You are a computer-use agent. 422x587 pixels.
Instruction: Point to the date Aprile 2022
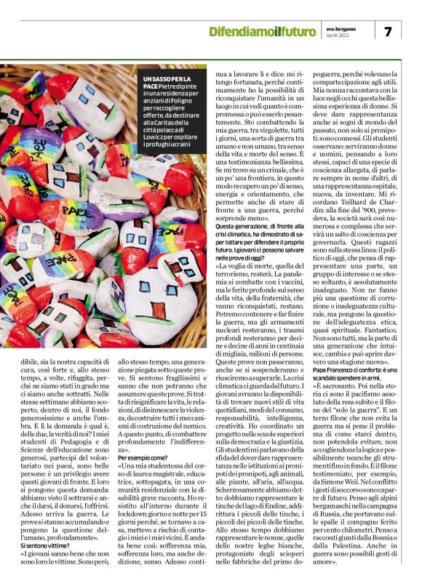pos(338,36)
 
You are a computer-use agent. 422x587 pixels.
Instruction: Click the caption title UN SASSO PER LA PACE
pos(168,82)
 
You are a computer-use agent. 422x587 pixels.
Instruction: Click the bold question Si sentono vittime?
pos(44,545)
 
